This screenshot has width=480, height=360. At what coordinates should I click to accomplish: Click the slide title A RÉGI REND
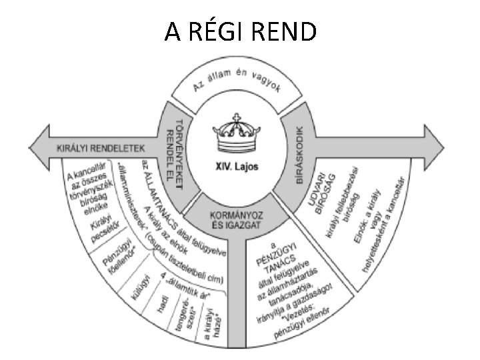pyautogui.click(x=241, y=31)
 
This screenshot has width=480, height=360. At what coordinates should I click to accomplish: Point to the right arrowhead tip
pyautogui.click(x=444, y=144)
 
